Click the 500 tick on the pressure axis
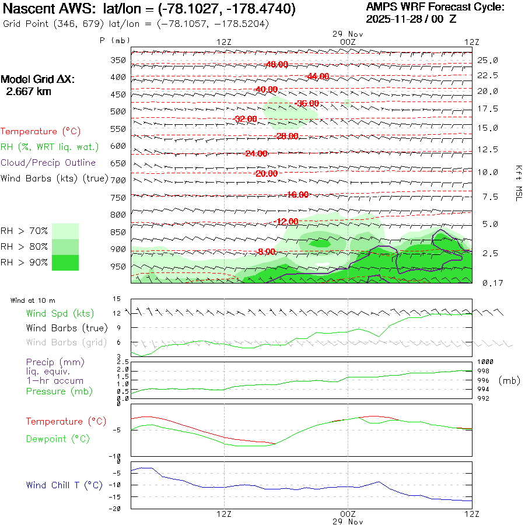(x=118, y=111)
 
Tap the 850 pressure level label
(x=118, y=232)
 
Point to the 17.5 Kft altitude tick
(x=488, y=109)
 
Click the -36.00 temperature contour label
(x=307, y=104)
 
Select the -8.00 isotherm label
(x=265, y=251)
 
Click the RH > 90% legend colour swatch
(x=65, y=262)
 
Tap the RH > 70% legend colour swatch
(x=65, y=231)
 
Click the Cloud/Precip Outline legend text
(x=48, y=163)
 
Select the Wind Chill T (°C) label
(x=64, y=485)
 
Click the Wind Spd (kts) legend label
(x=60, y=314)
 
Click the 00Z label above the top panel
(x=347, y=42)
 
